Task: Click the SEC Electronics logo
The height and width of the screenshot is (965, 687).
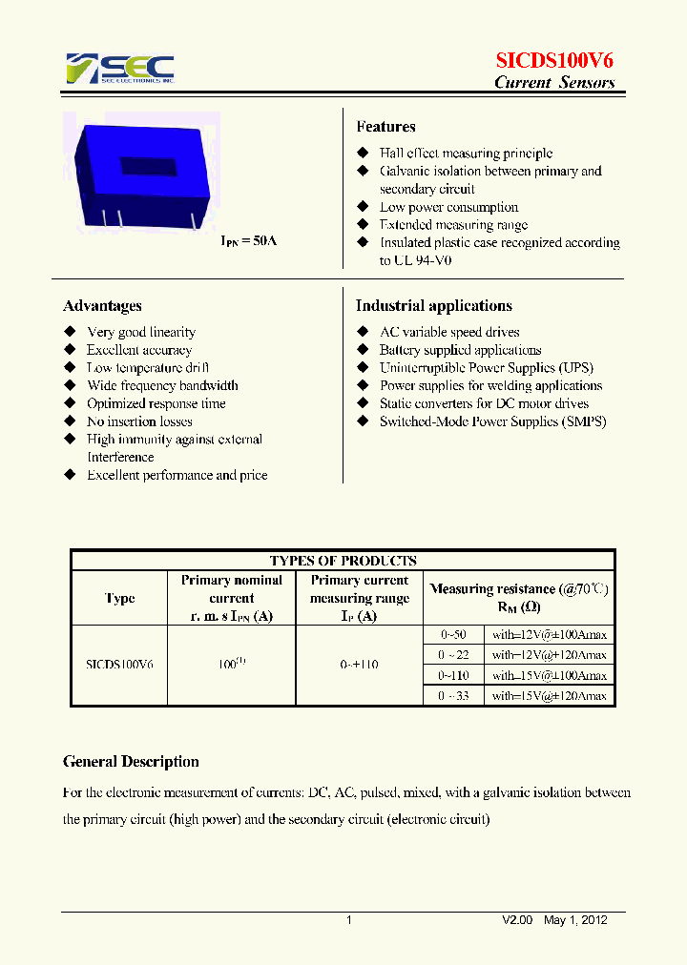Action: pyautogui.click(x=119, y=69)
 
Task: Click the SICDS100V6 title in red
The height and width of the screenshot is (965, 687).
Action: pyautogui.click(x=553, y=60)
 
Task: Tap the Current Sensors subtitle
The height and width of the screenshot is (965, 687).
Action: pyautogui.click(x=553, y=83)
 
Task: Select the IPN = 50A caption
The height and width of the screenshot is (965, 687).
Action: pyautogui.click(x=249, y=241)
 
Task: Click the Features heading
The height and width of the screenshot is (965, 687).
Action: pyautogui.click(x=385, y=127)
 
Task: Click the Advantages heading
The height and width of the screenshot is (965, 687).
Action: pyautogui.click(x=102, y=306)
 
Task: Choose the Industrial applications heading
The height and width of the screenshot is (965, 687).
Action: pyautogui.click(x=433, y=306)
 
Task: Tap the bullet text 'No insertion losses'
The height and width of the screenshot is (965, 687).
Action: pyautogui.click(x=139, y=421)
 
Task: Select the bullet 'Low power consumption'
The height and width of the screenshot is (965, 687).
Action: pyautogui.click(x=448, y=207)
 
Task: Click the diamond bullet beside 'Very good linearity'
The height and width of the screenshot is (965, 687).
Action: pyautogui.click(x=70, y=332)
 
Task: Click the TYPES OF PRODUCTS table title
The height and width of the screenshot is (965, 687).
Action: pyautogui.click(x=343, y=561)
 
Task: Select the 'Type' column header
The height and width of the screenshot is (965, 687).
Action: pyautogui.click(x=119, y=599)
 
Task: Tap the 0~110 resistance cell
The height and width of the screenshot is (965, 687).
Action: pyautogui.click(x=454, y=675)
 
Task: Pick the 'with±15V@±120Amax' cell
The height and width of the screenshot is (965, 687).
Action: pyautogui.click(x=549, y=696)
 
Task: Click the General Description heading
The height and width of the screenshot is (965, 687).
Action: pyautogui.click(x=131, y=762)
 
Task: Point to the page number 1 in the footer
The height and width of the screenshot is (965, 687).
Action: pyautogui.click(x=348, y=920)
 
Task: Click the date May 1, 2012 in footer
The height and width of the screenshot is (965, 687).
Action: pyautogui.click(x=575, y=920)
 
